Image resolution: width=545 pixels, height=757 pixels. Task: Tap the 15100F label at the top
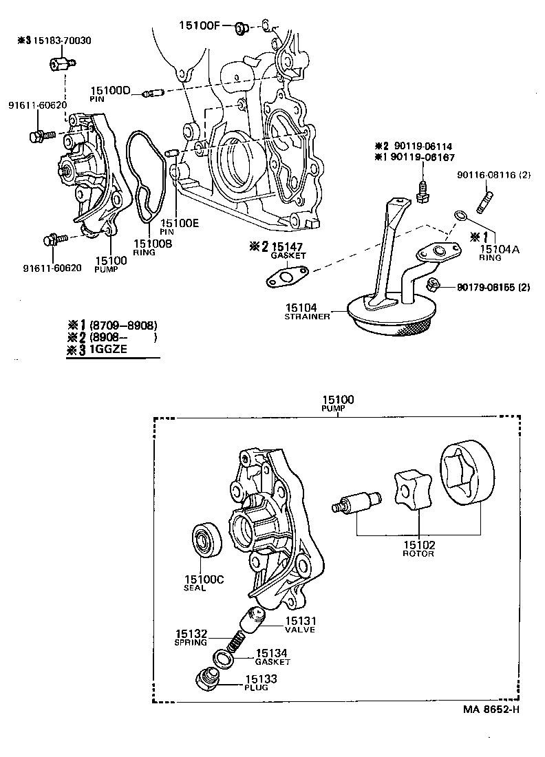point(198,26)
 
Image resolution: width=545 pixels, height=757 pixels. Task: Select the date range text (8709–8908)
point(121,326)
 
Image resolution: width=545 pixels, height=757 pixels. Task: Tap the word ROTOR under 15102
point(418,553)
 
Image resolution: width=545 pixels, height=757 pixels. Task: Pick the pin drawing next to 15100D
point(151,93)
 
